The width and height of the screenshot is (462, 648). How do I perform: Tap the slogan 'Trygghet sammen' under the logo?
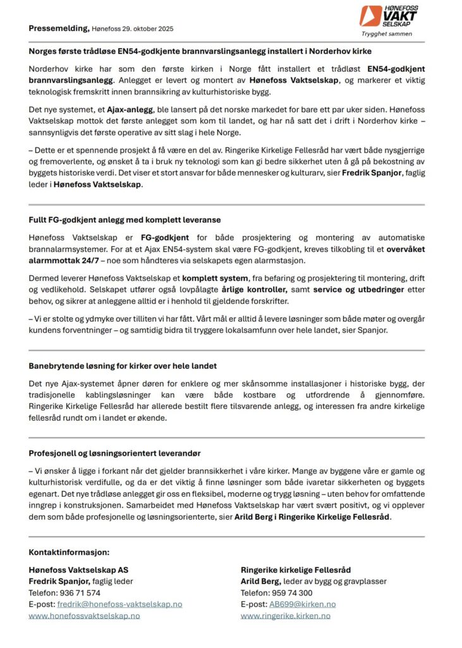point(387,34)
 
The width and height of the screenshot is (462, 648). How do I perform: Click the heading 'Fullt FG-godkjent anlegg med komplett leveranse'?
point(125,220)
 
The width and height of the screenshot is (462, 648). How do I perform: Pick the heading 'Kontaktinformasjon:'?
point(69,552)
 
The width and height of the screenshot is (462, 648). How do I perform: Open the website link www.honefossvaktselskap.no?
point(84,616)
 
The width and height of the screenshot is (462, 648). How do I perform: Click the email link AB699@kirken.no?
point(302,604)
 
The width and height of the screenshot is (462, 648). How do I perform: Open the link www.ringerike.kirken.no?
point(285,616)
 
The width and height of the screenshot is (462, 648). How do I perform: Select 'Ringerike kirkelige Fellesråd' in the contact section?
point(295,570)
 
